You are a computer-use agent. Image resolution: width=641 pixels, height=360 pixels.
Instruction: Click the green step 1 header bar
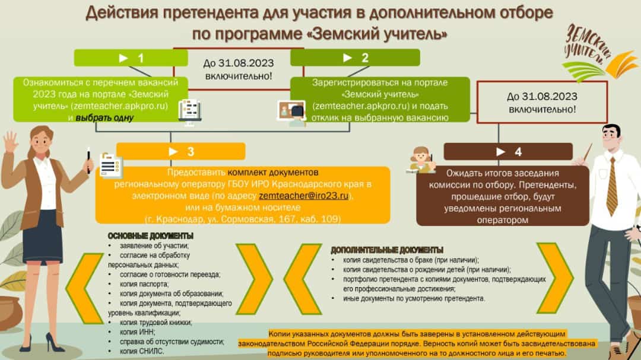(x=131, y=58)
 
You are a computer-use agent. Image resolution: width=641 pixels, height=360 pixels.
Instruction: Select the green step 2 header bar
(x=355, y=58)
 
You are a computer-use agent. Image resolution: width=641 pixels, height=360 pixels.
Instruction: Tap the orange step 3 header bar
(x=180, y=152)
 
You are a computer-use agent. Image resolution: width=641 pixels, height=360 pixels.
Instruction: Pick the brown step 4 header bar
(x=508, y=152)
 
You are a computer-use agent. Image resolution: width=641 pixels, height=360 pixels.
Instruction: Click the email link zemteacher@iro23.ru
(x=304, y=196)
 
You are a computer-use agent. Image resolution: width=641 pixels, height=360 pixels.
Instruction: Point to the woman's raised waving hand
(x=10, y=141)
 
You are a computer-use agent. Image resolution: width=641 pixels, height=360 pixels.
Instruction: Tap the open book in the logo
(x=622, y=64)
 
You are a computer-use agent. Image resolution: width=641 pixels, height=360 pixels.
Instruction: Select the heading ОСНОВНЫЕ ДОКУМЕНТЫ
(x=150, y=236)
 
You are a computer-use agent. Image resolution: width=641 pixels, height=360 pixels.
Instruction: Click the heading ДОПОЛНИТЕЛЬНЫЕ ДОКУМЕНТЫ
(x=387, y=250)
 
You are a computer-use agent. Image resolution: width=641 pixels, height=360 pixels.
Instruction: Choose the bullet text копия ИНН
(x=137, y=332)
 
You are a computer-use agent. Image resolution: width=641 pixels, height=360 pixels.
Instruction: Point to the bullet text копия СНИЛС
(x=141, y=351)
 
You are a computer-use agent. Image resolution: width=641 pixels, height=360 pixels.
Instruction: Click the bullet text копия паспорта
(x=144, y=284)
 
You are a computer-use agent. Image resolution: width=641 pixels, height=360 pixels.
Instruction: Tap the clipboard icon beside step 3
(x=110, y=166)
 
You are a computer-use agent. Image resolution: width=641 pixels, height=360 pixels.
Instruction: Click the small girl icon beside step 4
(x=421, y=160)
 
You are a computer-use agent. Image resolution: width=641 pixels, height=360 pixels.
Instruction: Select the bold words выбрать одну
(x=104, y=117)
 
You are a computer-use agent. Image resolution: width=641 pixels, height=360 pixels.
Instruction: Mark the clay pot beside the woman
(x=9, y=313)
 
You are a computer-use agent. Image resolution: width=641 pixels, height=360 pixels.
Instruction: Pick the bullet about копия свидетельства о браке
(x=411, y=260)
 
